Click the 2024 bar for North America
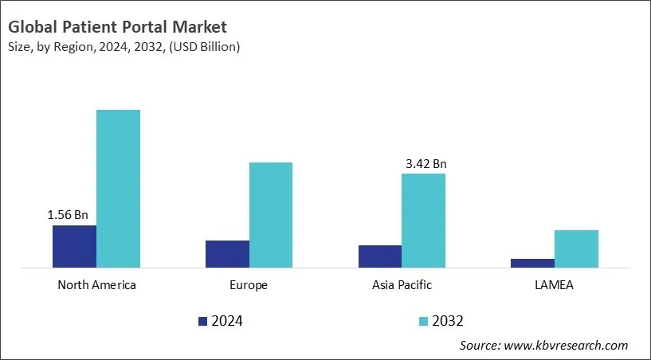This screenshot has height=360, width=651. pos(74,246)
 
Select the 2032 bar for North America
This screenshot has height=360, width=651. pos(118,189)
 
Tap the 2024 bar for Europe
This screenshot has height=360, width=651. pos(227,254)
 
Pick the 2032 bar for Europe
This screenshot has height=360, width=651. pos(271,215)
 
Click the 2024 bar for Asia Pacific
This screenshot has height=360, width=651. pos(380,256)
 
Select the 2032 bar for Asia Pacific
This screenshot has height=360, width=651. pos(423,221)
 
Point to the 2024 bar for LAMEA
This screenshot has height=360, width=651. pos(532,263)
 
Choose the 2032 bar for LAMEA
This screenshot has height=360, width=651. pos(576,248)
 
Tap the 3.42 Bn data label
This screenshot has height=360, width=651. pos(426,164)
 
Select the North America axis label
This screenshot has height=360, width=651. pos(96,285)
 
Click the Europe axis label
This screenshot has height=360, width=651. pos(249,285)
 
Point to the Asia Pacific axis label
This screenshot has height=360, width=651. pos(402,285)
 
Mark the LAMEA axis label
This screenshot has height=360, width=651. pos(555,285)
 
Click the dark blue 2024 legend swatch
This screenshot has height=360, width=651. pos(202,321)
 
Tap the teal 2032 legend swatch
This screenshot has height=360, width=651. pos(422,321)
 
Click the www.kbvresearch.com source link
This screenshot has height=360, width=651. pos(567,346)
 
